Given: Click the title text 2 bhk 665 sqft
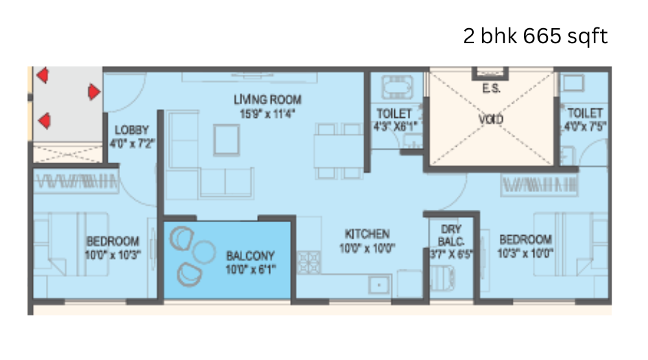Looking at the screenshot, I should coord(535,36).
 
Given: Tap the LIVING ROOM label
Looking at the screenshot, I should coord(267,100).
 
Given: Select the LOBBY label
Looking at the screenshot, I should coord(132,130).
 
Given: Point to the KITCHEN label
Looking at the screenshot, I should coord(367,233).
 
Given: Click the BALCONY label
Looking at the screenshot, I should coord(250,255).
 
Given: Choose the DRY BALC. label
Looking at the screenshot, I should coord(451,235).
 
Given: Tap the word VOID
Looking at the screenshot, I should coord(491,119).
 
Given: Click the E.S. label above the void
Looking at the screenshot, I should coord(491,88).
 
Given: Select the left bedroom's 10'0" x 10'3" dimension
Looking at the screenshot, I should coord(112,254).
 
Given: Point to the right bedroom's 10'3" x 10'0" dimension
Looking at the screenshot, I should coord(526,252).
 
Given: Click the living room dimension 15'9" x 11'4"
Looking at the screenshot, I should coord(267,114).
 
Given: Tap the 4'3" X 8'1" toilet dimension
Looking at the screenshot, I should coord(394,125).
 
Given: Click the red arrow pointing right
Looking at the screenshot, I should coord(94,91).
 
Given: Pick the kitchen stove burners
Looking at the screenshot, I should coord(307,262).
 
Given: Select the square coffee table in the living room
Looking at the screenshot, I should coord(227,139).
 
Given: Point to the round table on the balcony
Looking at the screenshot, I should coord(204,252).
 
